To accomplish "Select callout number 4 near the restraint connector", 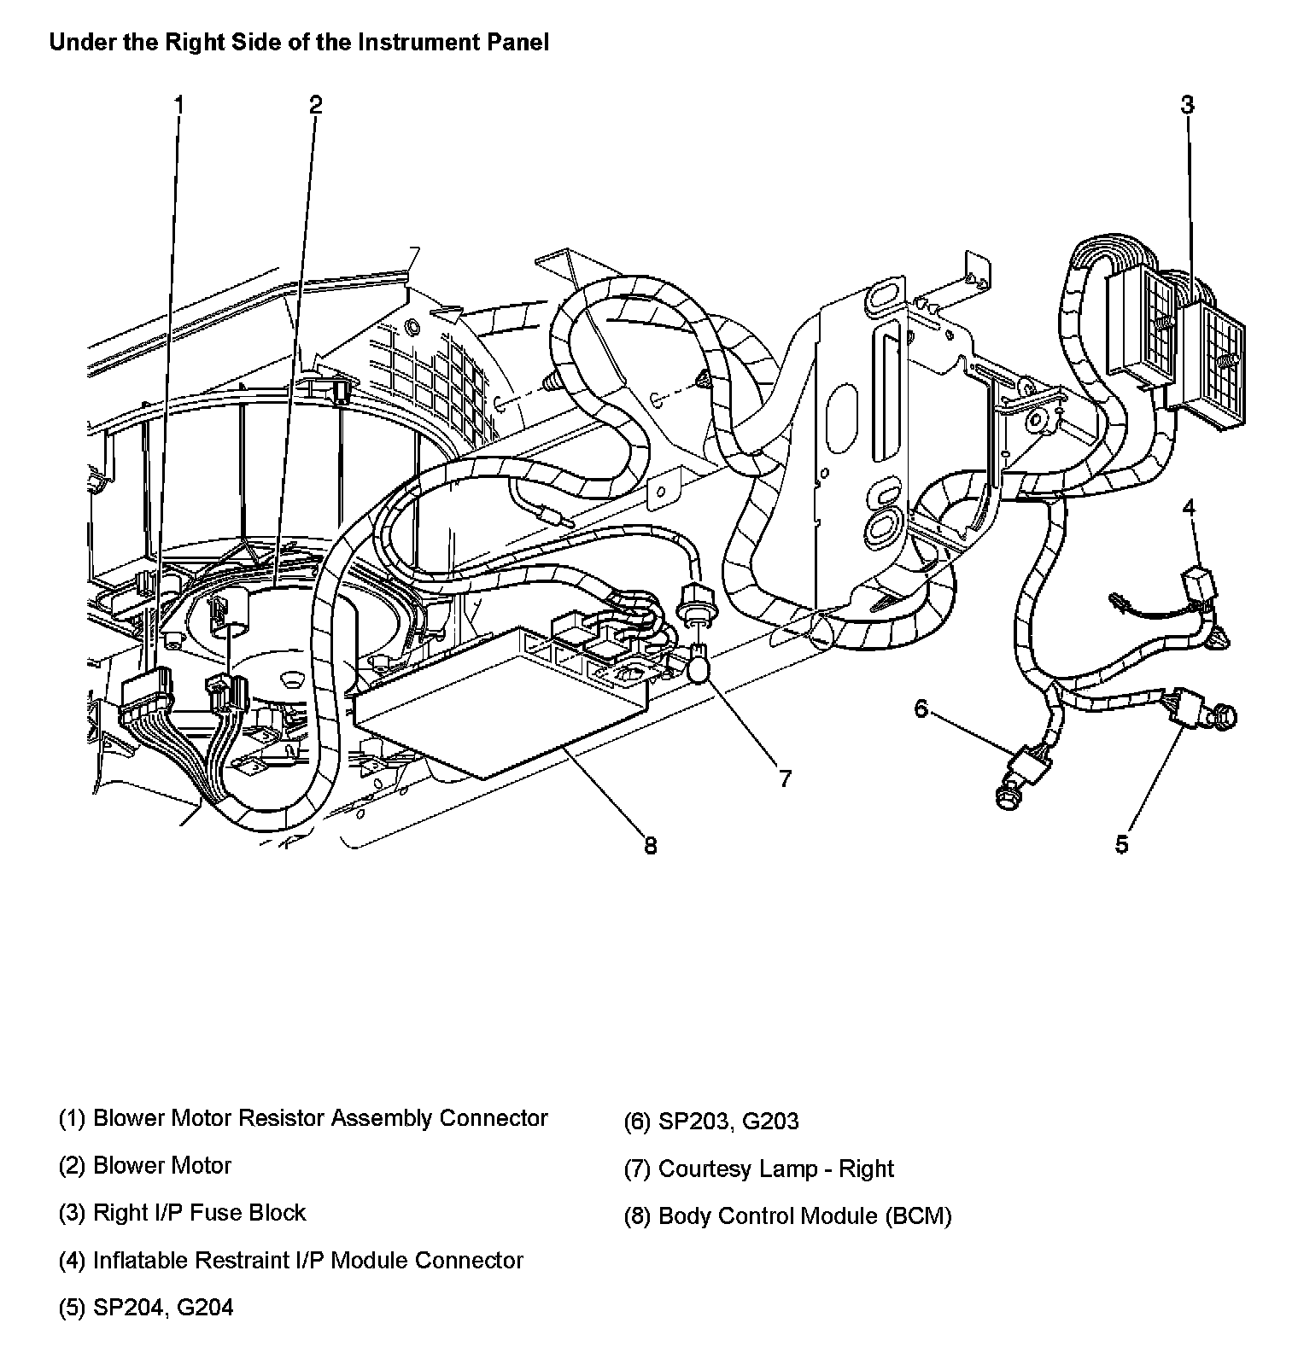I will (x=1189, y=508).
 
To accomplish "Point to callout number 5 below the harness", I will (x=1121, y=844).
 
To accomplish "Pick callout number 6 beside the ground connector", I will (x=921, y=708).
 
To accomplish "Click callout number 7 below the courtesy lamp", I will (x=784, y=778).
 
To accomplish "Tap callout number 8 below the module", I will (x=650, y=845).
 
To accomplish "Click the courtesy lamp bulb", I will (x=698, y=665).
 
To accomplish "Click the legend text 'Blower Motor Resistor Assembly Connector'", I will (x=319, y=1118).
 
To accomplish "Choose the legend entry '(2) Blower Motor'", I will (x=145, y=1166).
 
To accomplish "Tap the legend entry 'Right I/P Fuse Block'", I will (x=198, y=1213).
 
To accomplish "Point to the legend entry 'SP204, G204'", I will (x=162, y=1308).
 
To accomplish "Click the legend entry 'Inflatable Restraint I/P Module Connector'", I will (x=307, y=1261).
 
